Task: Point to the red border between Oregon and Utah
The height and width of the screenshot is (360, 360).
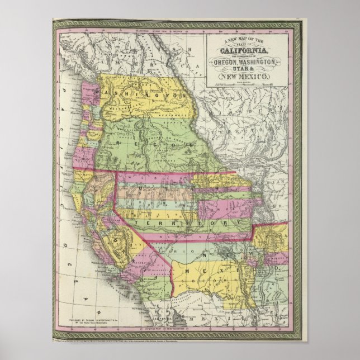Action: [151, 171]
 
